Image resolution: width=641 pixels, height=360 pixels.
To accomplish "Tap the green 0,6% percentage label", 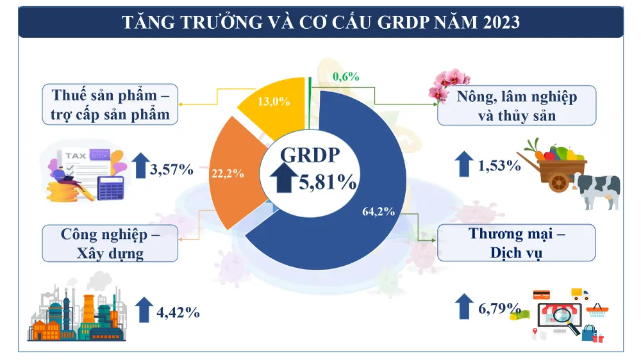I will coord(346,77).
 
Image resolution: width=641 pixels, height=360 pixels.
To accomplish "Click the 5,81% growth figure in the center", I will coord(328,182).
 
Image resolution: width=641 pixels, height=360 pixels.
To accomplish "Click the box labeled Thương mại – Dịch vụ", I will coord(517,243).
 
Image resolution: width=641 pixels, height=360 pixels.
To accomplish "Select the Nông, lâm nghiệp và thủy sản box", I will coord(517,106).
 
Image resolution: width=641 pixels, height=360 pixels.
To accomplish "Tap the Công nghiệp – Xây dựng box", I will coord(110,243).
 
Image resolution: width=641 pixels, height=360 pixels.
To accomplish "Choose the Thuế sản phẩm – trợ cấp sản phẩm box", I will coord(110,105).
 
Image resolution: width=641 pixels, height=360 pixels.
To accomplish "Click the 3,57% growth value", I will coord(171,170).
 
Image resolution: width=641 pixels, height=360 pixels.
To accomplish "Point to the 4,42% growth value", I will coord(178,313).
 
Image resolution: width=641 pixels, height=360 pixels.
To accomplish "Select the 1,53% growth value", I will coord(499,166).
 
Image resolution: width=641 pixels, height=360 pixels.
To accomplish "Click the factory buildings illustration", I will coord(76,314).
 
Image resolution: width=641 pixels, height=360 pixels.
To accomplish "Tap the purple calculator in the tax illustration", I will coord(110,186).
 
